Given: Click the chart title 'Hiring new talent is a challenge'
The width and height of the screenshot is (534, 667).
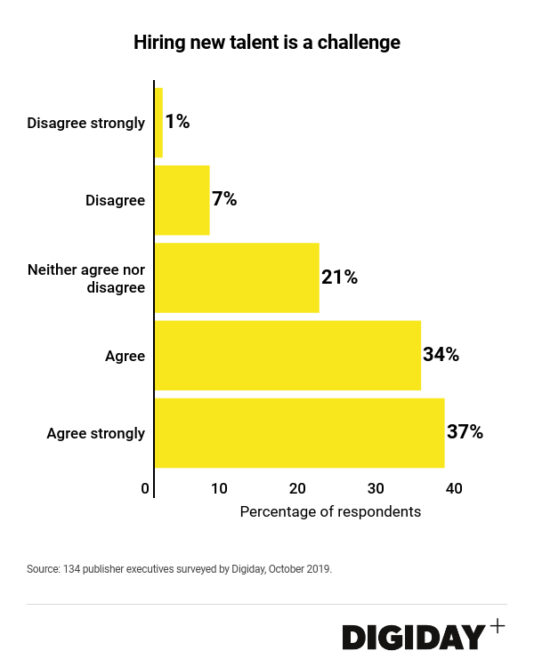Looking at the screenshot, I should point(267,43).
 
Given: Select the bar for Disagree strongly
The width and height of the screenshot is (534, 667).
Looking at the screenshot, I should point(159,123).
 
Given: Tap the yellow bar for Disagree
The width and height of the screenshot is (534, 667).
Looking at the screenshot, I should point(182,200).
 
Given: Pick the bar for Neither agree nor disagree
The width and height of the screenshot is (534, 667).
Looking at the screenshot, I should point(237,277).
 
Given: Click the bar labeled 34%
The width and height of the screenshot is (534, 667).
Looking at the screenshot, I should point(287,355).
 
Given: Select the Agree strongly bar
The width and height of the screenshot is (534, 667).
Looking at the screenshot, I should point(299,433).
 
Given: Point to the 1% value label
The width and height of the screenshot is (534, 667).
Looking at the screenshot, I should point(177,123).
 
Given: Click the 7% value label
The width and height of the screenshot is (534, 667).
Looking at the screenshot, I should point(224,199).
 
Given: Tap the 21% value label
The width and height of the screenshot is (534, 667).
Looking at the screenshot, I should point(339,277).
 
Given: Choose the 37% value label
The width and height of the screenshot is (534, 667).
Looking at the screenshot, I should point(465,433).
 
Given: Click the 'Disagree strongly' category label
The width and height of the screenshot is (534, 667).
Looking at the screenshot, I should point(85,123).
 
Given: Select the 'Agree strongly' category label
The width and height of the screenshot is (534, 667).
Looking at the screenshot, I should point(95,434).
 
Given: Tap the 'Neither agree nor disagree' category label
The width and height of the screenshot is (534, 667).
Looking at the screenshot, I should point(86,277).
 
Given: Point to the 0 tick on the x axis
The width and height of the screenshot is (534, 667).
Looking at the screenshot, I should point(145,488).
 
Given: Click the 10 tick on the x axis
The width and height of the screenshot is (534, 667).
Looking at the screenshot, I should point(219,488).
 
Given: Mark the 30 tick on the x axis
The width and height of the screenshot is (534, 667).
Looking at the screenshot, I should point(376,488).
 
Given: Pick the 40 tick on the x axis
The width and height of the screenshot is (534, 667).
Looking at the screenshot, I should point(454,488).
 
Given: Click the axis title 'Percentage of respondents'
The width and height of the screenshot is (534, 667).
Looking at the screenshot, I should point(330,512).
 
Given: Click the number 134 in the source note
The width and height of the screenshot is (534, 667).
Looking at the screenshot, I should point(72,568).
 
